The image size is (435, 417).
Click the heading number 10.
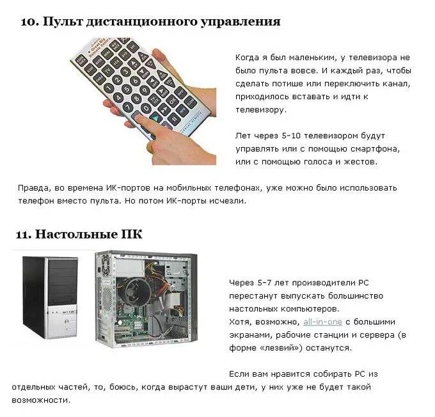[x=28, y=22]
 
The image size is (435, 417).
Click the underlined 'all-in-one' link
[x=322, y=322]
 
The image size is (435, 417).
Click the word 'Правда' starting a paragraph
[x=32, y=188]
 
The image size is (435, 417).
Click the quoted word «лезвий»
[x=281, y=348]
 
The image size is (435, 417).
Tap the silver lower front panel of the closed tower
[x=50, y=322]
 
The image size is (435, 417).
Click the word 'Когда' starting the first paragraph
[x=248, y=58]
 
